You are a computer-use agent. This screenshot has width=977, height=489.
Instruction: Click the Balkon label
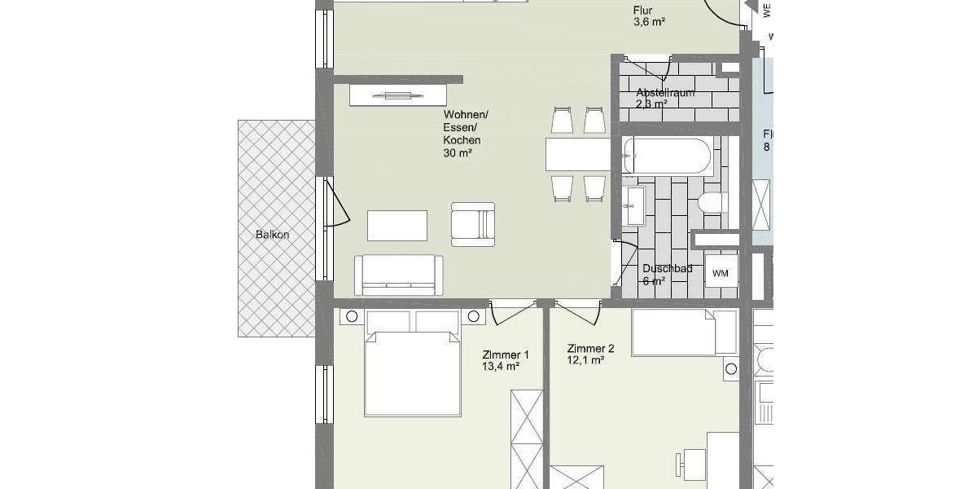pyautogui.click(x=272, y=235)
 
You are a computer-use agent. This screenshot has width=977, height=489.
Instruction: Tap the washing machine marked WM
pyautogui.click(x=721, y=273)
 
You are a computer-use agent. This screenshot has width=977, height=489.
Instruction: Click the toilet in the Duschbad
pyautogui.click(x=713, y=202)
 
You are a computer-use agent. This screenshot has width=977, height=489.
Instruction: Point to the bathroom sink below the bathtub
pyautogui.click(x=634, y=205)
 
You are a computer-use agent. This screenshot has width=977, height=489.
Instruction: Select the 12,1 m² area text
pyautogui.click(x=585, y=359)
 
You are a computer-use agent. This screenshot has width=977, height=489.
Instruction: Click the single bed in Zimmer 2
pyautogui.click(x=683, y=333)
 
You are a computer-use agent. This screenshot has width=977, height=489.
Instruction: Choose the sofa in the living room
pyautogui.click(x=398, y=275)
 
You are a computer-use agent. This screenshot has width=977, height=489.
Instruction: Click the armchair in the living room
pyautogui.click(x=473, y=223)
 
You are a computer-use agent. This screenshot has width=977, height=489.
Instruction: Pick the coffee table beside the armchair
pyautogui.click(x=397, y=226)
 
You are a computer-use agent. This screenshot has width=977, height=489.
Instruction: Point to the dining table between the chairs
pyautogui.click(x=578, y=155)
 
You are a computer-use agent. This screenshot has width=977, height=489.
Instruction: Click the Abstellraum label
pyautogui.click(x=665, y=92)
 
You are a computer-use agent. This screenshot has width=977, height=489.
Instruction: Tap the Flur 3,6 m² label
pyautogui.click(x=649, y=16)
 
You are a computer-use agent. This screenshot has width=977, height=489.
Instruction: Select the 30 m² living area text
pyautogui.click(x=458, y=152)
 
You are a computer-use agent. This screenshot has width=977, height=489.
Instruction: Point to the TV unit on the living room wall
pyautogui.click(x=398, y=95)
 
